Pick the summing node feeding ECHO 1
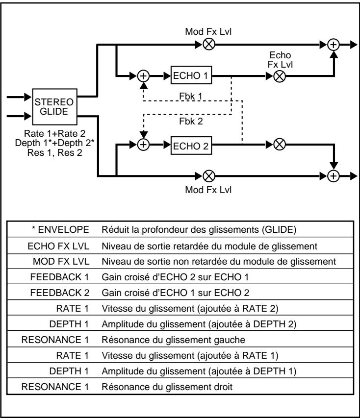coord(143,76)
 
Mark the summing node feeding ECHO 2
coord(143,145)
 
